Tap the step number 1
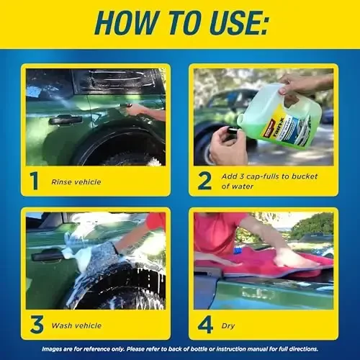coord(34,180)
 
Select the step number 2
coord(204,180)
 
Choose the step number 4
coord(205,324)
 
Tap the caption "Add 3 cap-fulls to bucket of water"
coord(266,181)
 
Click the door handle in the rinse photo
coord(65,120)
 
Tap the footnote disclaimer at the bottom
coord(180,349)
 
